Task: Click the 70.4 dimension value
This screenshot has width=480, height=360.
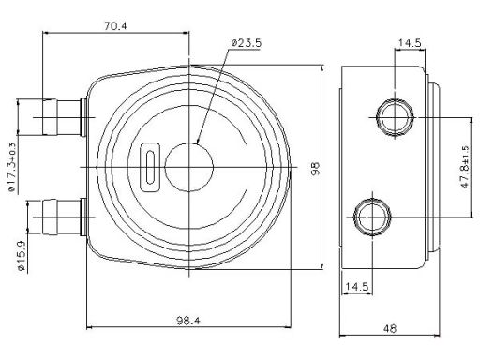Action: tap(115, 26)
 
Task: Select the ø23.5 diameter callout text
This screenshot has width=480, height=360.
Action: tap(247, 43)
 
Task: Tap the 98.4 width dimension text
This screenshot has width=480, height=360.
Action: tap(188, 321)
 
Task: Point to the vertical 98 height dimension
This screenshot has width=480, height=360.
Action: tap(316, 168)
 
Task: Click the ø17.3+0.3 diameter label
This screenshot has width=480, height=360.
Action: tap(11, 167)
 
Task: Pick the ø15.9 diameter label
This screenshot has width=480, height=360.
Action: tap(22, 256)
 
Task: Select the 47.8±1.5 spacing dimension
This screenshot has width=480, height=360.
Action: tap(465, 167)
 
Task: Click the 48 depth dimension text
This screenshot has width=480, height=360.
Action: tap(390, 328)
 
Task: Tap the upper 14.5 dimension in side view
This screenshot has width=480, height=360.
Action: tap(410, 43)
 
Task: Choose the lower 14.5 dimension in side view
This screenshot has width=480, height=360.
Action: tap(357, 286)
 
